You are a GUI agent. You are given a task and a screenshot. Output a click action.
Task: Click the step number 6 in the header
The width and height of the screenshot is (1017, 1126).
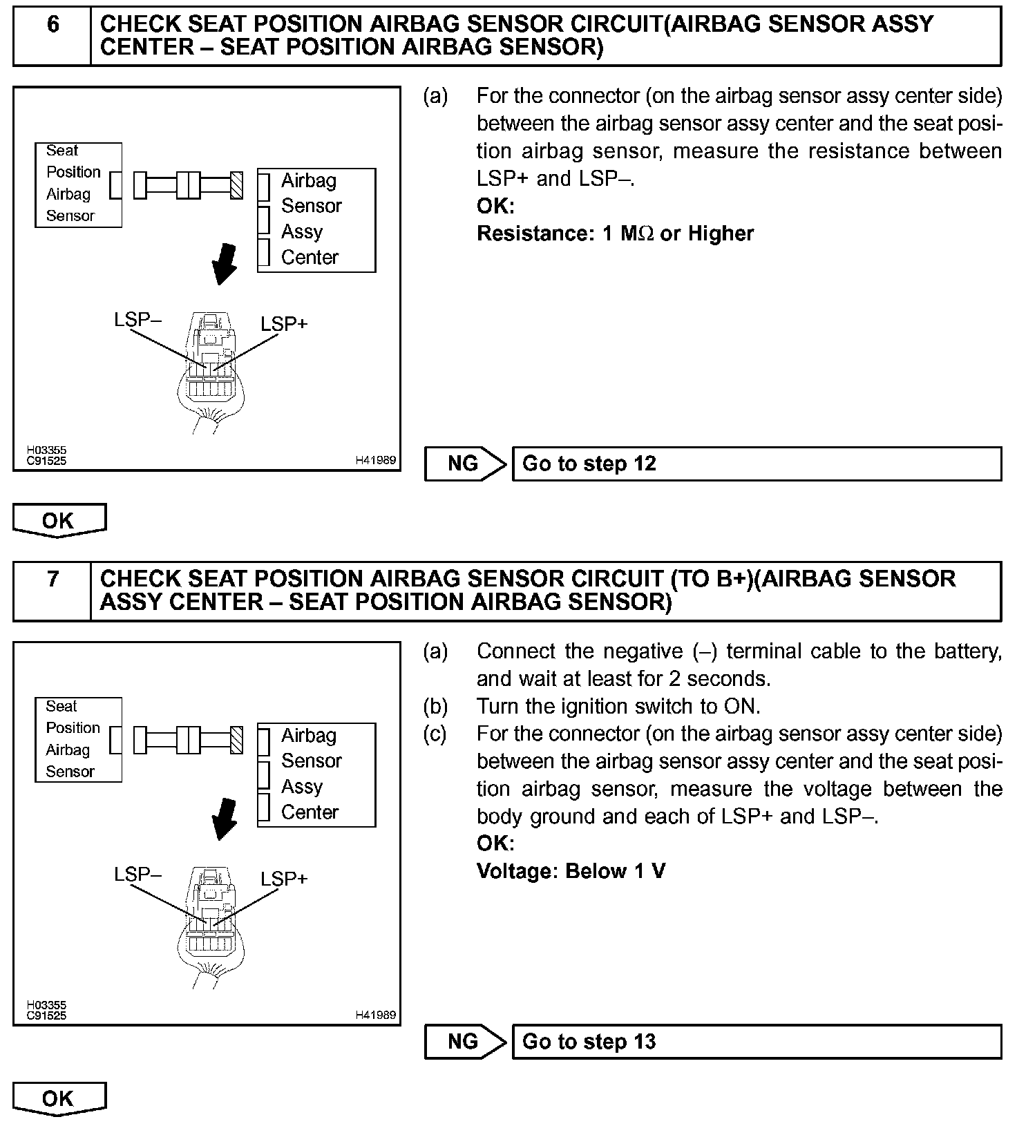click(53, 26)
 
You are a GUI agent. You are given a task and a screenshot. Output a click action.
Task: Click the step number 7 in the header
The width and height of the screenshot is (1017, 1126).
click(53, 579)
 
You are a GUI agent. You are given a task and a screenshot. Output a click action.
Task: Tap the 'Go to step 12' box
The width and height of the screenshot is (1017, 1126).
click(757, 464)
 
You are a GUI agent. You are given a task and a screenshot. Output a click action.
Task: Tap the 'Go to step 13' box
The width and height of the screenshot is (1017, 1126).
click(757, 1042)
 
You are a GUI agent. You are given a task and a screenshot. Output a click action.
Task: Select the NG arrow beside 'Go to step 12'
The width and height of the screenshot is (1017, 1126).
click(464, 464)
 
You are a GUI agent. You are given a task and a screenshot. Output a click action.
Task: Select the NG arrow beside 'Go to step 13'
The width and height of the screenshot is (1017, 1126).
click(464, 1042)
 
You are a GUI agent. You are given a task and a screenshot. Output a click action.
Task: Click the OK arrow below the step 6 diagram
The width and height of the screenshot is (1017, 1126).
click(59, 520)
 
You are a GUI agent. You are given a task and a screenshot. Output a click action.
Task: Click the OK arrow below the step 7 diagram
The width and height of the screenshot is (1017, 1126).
click(59, 1098)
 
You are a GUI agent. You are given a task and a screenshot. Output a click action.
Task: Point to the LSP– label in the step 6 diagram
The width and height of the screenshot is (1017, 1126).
click(137, 319)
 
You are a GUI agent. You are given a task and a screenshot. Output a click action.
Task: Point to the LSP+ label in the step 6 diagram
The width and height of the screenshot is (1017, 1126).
click(284, 323)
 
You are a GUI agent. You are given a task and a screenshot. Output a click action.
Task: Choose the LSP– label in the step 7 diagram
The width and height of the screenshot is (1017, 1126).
click(137, 874)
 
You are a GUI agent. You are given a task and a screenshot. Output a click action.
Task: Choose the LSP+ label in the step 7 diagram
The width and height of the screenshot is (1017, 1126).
click(284, 879)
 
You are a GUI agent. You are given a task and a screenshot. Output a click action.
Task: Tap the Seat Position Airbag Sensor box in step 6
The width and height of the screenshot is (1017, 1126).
click(78, 184)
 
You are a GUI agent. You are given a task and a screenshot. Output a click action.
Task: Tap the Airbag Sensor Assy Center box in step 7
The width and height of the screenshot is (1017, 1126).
click(316, 775)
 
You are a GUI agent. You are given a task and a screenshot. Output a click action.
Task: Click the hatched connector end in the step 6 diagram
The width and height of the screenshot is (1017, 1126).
click(237, 185)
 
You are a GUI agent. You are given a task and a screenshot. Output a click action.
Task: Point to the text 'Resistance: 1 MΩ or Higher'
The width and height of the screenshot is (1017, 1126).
click(615, 233)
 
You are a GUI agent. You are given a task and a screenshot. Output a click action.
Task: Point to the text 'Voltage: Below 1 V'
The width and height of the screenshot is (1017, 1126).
click(571, 871)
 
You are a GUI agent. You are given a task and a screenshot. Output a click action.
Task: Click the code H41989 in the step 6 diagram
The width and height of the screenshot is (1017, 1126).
click(376, 460)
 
